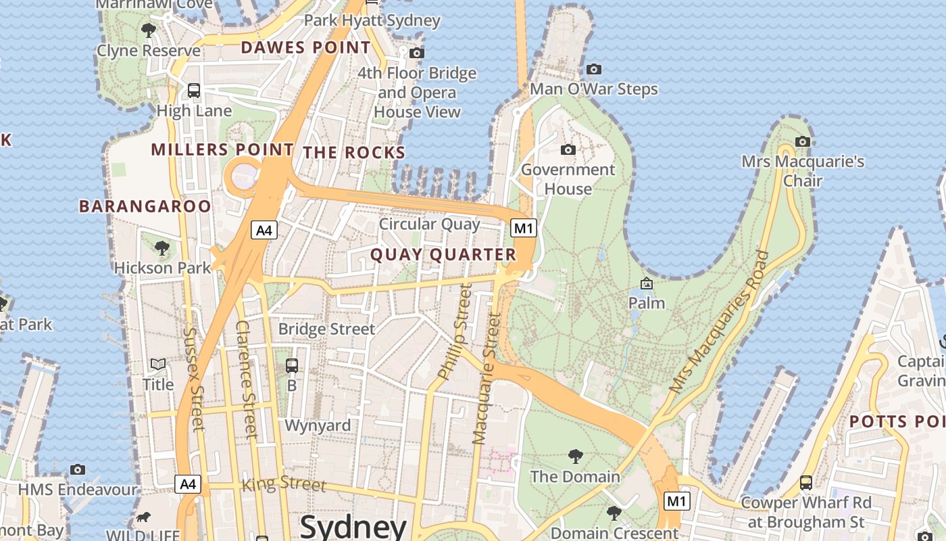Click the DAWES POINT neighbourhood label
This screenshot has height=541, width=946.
point(305,47)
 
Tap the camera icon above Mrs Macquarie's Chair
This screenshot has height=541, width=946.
point(803,141)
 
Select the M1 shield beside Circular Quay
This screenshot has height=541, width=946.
point(524,228)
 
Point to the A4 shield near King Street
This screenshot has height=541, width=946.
point(188,484)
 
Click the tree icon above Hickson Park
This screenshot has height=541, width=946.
point(162,248)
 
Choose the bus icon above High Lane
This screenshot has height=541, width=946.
point(194,91)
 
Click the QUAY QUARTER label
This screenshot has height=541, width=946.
point(443,255)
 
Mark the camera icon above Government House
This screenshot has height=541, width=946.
point(568,149)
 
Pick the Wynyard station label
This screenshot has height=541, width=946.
point(318,425)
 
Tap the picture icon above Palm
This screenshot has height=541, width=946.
point(647,283)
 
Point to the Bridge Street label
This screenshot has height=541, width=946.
point(326,329)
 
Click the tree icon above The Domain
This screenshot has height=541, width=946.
point(575,456)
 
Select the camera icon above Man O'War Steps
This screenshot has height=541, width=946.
point(594,69)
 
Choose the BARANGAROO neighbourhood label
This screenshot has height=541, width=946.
point(145,206)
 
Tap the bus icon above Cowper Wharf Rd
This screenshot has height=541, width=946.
point(806,483)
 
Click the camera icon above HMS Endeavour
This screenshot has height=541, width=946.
point(78,469)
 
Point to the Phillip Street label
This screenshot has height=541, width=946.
point(453,331)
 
